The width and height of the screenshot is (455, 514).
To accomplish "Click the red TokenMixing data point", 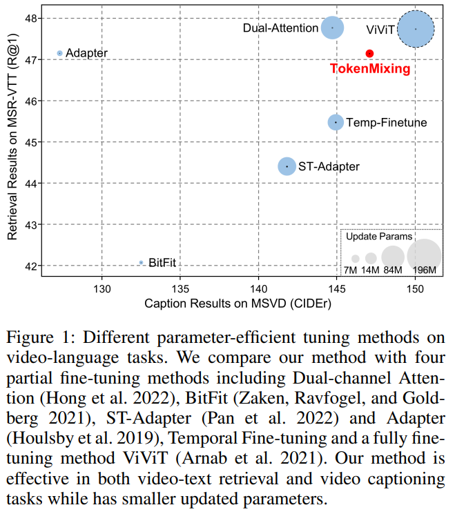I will coord(369,53).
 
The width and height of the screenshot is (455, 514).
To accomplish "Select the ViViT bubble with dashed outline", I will coord(416,29).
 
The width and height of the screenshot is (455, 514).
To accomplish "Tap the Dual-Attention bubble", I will coord(333,28).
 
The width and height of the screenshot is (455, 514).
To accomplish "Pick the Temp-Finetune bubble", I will coord(336,122).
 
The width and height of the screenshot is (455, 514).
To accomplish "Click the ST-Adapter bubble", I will coord(287,166).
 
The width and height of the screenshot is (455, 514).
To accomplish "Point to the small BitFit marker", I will coord(141,263).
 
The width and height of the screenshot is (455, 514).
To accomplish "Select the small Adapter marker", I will coord(59,53).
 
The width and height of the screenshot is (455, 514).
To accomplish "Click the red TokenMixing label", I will coord(369,69).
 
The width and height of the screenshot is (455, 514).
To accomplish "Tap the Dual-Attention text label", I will coord(280,28).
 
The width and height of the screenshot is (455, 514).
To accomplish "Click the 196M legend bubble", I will coord(424,255).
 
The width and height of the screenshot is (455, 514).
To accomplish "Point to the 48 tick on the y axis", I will coord(31,19).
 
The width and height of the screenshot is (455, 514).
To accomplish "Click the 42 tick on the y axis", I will coord(31,266).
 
